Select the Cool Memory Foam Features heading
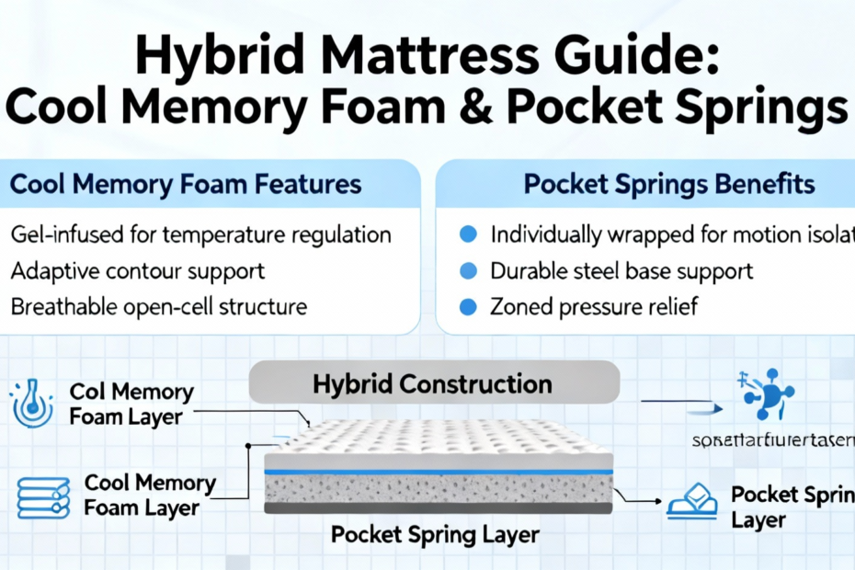coord(185,184)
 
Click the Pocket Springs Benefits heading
coord(668,184)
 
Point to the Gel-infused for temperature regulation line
coord(200,234)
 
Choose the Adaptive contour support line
coord(138,270)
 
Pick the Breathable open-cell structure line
coord(158,306)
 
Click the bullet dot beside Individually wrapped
coord(467,235)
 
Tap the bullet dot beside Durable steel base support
coord(467,271)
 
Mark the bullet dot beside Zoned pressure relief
coord(467,307)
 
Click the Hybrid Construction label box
coord(433,383)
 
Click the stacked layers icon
coord(43,496)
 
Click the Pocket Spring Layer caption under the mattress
coord(435,534)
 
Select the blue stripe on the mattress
coord(438,472)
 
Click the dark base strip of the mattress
coord(438,507)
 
